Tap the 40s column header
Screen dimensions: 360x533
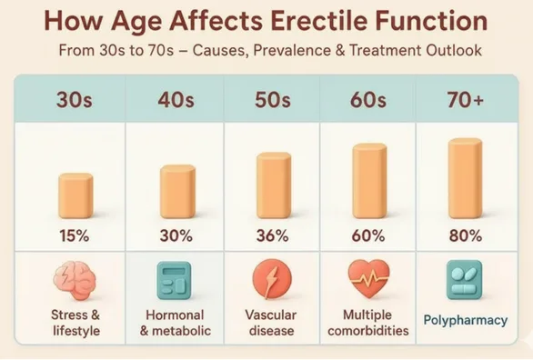pos(176,99)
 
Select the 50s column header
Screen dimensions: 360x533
pos(272,99)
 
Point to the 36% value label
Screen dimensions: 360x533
pos(272,236)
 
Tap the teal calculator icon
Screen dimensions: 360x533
pos(176,279)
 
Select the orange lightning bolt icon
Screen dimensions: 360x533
pos(272,279)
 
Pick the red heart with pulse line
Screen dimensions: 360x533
pos(368,277)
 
